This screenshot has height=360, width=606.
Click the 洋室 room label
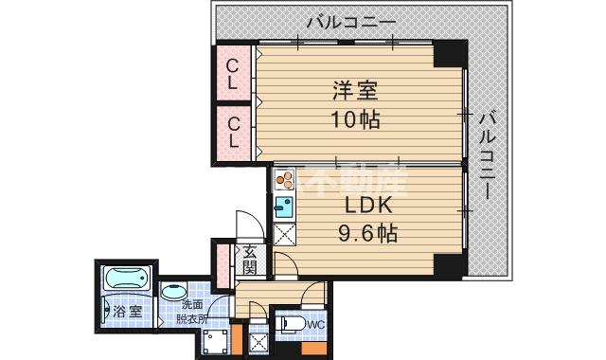point(356,92)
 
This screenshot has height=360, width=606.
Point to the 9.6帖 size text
point(363,232)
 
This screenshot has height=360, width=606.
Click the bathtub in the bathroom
point(126,280)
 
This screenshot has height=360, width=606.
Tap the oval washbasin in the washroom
point(173,293)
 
